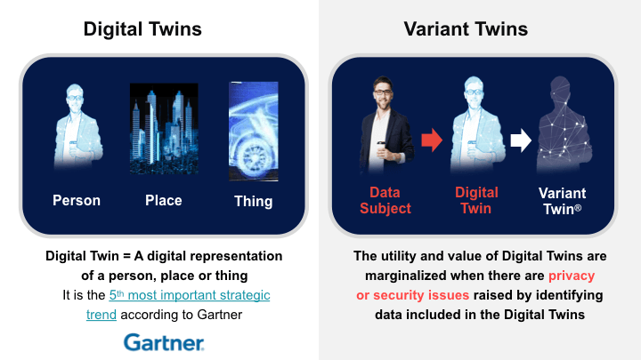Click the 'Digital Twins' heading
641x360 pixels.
(142, 29)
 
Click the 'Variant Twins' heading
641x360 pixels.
(466, 29)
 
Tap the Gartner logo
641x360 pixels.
(164, 342)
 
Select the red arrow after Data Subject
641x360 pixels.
(432, 140)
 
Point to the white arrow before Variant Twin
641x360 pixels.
(521, 140)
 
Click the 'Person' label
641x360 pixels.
(77, 200)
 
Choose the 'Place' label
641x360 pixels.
(164, 200)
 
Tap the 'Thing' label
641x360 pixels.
(254, 202)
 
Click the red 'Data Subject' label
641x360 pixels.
(385, 200)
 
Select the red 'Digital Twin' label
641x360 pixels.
(476, 200)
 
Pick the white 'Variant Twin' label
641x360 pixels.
(562, 201)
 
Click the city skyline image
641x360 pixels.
(164, 129)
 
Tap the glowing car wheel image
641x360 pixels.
(254, 132)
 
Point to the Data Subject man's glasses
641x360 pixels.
(383, 92)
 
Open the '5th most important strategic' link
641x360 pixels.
(190, 295)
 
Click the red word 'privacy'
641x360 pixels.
(572, 276)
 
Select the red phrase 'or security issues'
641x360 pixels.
(412, 295)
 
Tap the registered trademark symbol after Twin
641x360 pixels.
(578, 208)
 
